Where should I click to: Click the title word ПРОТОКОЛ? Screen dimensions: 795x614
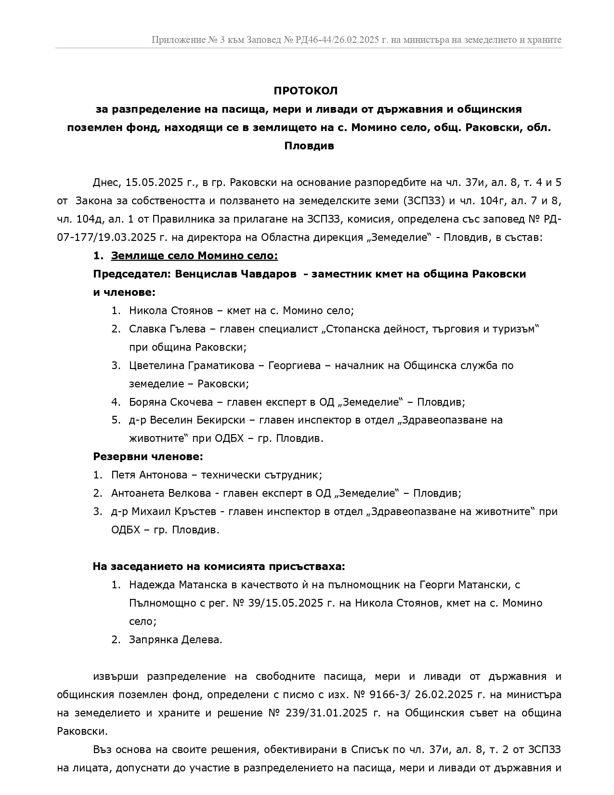point(306,91)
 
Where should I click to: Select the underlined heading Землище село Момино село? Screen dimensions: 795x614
point(194,256)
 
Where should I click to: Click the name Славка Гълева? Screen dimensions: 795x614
point(167,329)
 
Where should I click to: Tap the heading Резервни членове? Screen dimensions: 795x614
point(148,456)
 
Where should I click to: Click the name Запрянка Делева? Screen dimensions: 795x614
point(176,640)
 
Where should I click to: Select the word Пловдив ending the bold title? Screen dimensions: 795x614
point(309,146)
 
